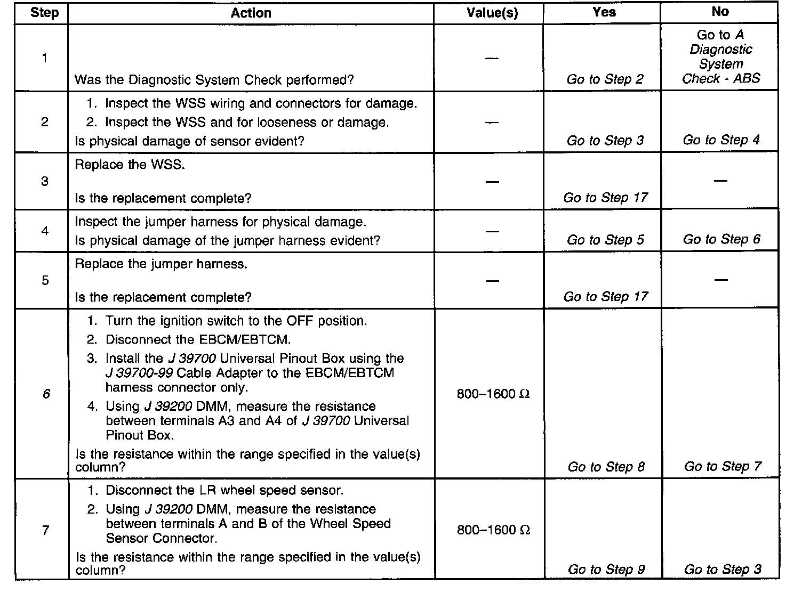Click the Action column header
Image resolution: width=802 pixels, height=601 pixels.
(251, 13)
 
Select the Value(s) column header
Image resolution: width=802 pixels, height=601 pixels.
(492, 13)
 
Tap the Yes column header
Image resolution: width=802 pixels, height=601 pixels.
(604, 12)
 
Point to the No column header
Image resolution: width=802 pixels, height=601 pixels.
(720, 12)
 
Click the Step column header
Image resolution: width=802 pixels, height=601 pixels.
(44, 13)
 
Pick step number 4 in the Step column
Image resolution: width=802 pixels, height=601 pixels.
(45, 231)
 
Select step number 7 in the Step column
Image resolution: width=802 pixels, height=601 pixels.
(45, 530)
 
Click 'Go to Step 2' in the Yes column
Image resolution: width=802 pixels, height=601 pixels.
(605, 79)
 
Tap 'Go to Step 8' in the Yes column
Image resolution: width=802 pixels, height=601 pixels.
(606, 467)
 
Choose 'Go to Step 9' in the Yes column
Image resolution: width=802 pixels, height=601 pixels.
(606, 569)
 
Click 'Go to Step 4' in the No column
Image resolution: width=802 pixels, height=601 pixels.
(721, 140)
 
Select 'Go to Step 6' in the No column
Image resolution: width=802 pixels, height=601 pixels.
(721, 239)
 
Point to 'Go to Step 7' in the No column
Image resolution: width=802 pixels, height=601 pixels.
(723, 466)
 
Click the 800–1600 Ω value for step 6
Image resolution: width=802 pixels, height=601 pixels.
(493, 394)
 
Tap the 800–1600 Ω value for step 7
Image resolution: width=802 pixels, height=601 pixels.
(493, 530)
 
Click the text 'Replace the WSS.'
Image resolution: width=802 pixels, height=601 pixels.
(130, 165)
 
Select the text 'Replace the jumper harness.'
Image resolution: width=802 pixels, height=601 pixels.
(161, 264)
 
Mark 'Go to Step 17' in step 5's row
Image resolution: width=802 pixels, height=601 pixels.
(605, 297)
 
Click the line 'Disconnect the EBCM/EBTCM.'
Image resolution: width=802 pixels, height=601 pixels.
(198, 339)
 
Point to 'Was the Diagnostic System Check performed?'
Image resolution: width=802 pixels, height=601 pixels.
(214, 80)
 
